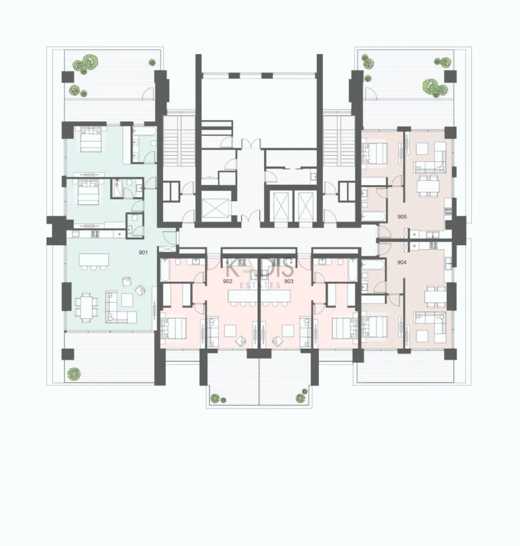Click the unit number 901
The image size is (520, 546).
(x=143, y=252)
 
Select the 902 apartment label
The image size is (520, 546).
(x=227, y=280)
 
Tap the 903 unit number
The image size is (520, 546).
(x=288, y=280)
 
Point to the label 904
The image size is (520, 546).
(x=402, y=262)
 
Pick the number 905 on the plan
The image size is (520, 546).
(x=402, y=217)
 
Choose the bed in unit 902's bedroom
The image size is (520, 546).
(x=174, y=328)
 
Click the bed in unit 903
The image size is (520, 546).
(x=345, y=328)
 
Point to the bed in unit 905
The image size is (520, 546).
(x=373, y=152)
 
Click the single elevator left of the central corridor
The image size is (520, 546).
(x=215, y=204)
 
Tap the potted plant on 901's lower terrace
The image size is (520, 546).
(x=74, y=372)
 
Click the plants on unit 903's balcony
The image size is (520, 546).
(x=298, y=398)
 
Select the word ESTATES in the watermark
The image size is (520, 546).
(x=259, y=286)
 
